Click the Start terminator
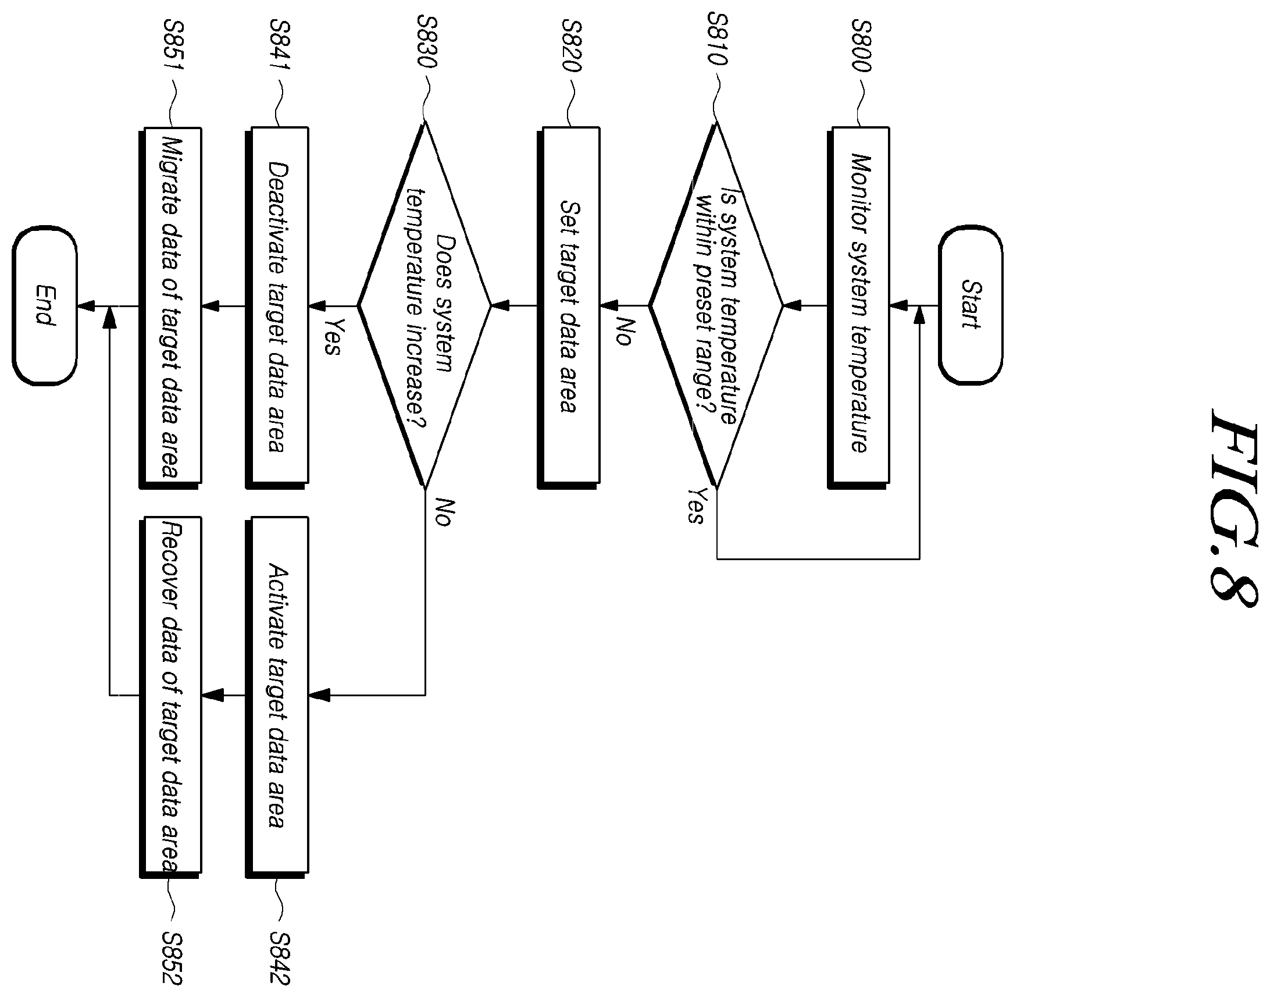pyautogui.click(x=971, y=305)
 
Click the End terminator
pyautogui.click(x=44, y=305)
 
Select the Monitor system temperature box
pyautogui.click(x=858, y=307)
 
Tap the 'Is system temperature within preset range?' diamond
pyautogui.click(x=716, y=305)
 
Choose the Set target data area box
pyautogui.click(x=569, y=307)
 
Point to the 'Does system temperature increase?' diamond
pyautogui.click(x=425, y=305)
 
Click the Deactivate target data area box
pyautogui.click(x=277, y=307)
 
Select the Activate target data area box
pyautogui.click(x=277, y=696)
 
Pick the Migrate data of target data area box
pyautogui.click(x=170, y=307)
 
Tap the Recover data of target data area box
pyautogui.click(x=170, y=696)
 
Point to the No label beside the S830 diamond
pyautogui.click(x=444, y=512)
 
